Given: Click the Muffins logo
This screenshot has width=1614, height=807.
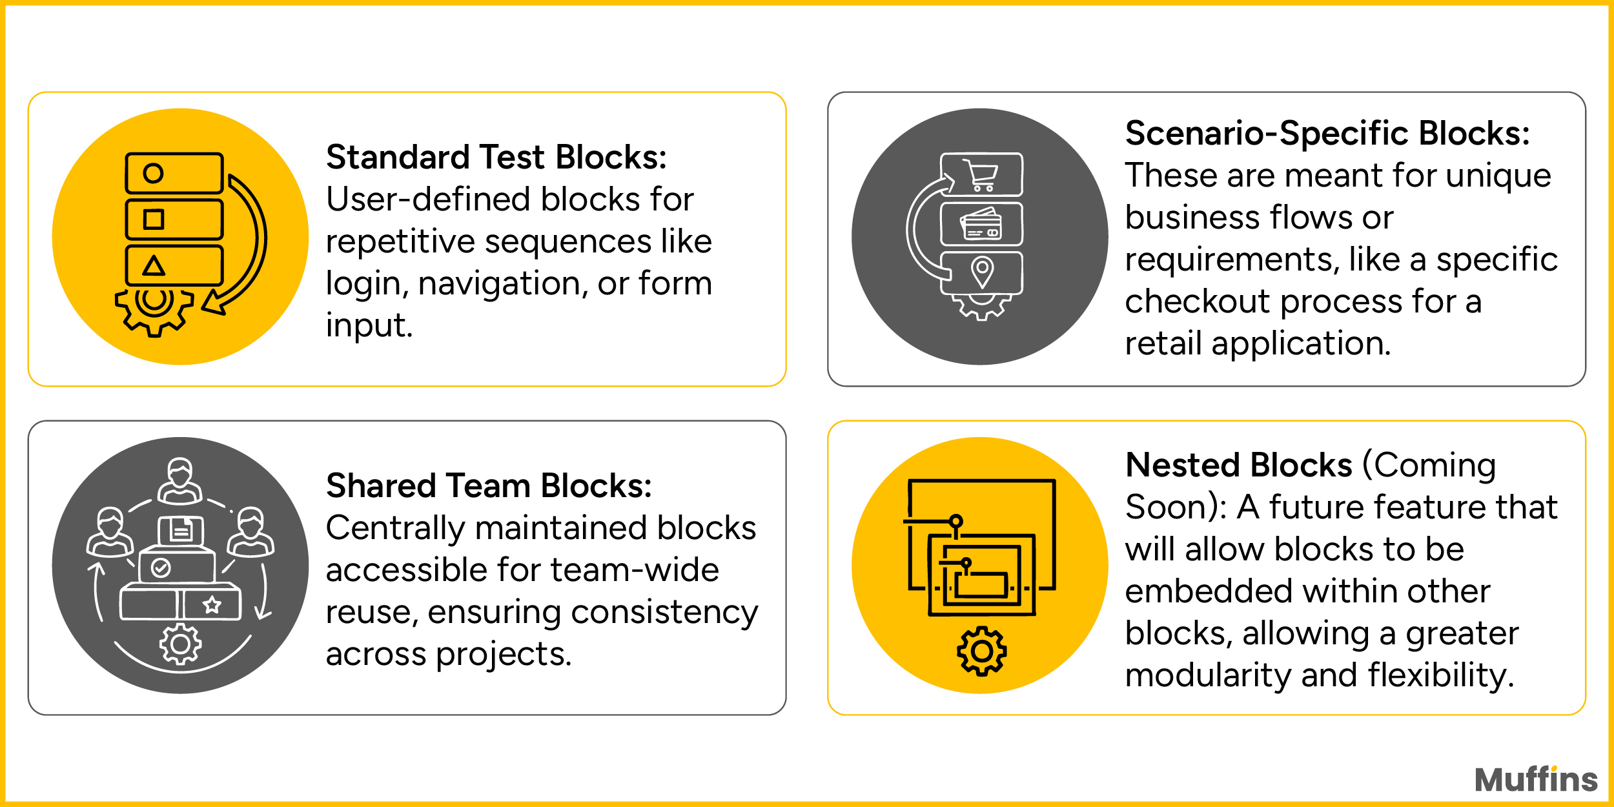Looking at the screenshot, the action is point(1536,779).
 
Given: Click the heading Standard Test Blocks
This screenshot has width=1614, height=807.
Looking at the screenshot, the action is point(496,158).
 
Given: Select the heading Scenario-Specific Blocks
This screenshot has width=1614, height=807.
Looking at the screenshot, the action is point(1327,134).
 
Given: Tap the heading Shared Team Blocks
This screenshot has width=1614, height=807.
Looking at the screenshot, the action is point(489,486).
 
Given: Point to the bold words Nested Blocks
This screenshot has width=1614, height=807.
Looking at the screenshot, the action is point(1238,465).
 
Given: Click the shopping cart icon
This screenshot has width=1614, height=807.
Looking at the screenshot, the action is point(981,174).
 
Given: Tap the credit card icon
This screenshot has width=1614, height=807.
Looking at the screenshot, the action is point(981,224).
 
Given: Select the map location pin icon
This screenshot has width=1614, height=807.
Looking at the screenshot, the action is point(982,271).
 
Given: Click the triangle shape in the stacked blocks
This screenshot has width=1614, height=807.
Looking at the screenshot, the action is point(154,265).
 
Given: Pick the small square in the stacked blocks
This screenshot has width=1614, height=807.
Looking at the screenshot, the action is point(154,220).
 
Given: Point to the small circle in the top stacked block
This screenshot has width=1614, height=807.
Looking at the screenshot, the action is point(153,173).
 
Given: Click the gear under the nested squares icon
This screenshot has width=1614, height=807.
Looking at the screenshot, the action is point(981,651).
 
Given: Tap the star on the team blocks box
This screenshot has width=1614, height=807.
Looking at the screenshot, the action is point(212,605).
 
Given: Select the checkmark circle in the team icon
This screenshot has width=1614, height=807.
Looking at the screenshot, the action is point(160,567).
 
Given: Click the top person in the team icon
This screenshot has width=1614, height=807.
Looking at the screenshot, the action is point(180,481).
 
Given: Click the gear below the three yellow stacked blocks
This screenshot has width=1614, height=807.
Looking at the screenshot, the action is point(154,309).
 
